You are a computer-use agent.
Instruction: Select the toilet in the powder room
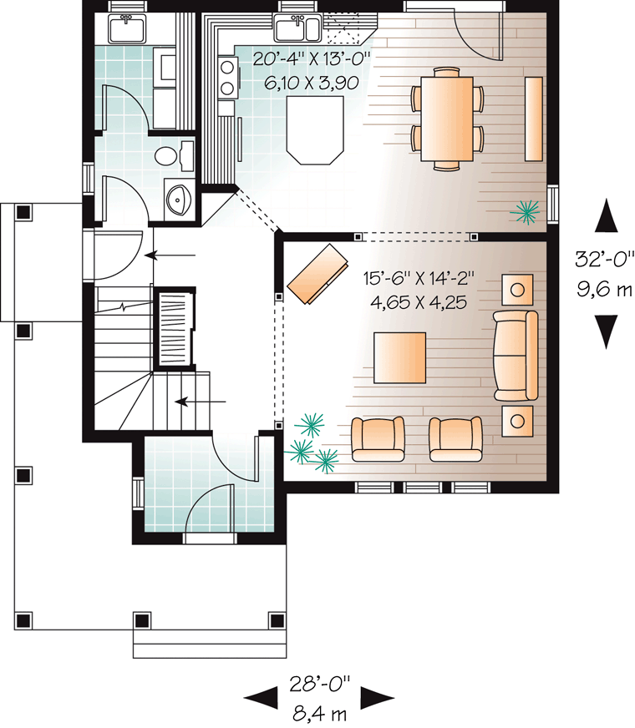[170, 154]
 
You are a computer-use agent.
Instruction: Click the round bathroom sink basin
[178, 200]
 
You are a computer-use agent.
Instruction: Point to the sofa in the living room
[516, 354]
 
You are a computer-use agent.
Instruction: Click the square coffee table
[399, 357]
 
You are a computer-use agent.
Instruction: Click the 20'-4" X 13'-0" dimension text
[312, 58]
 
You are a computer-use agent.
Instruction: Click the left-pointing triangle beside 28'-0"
[258, 695]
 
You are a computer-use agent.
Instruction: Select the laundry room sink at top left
[128, 29]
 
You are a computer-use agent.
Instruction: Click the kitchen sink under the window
[295, 30]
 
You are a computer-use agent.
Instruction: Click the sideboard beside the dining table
[533, 118]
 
